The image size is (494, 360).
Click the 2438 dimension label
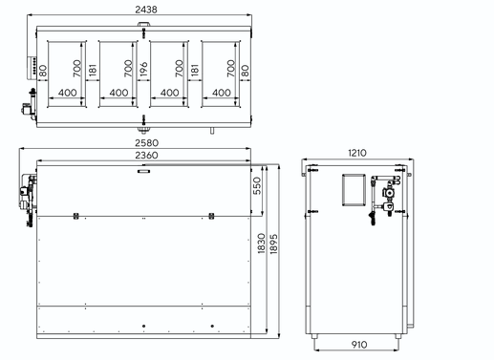pos(146,10)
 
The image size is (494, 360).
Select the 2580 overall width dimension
pos(146,143)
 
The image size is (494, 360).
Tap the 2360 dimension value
pos(146,156)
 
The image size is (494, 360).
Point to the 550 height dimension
pos(257,185)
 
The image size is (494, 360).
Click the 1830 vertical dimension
pos(261,244)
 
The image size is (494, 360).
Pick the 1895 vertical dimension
pos(273,244)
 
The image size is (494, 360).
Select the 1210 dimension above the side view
pos(357,153)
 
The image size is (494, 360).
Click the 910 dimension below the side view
pos(359,345)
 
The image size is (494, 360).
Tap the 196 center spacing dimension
pos(143,70)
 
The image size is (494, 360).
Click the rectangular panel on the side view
pos(354,190)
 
